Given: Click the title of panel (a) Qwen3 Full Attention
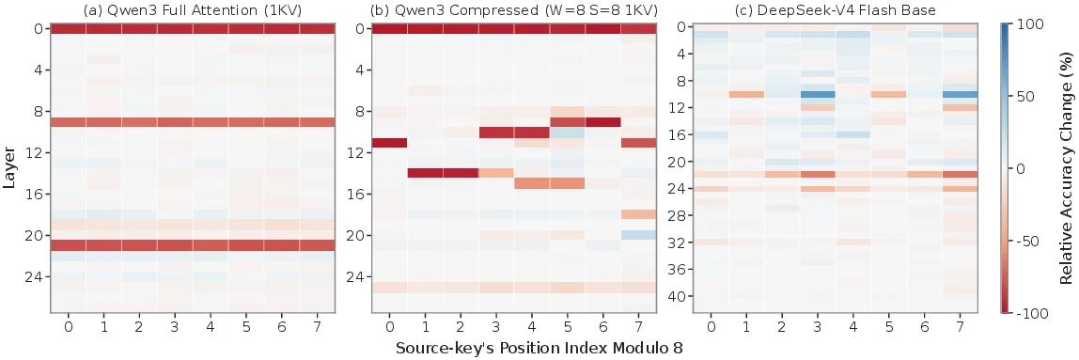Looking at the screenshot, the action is click(x=193, y=9).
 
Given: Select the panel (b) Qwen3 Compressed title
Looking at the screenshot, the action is click(x=513, y=9).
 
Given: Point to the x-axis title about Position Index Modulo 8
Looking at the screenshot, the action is click(x=539, y=349).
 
